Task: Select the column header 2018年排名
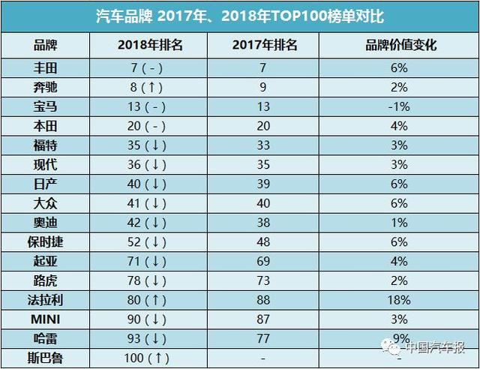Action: tap(150, 44)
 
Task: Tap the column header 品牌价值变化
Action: tap(397, 44)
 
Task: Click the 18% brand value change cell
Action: tap(398, 300)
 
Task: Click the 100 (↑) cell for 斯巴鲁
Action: tap(151, 359)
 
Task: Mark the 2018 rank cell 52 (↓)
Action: tap(151, 241)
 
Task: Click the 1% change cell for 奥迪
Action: tap(398, 222)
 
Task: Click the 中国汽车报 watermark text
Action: tap(435, 347)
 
